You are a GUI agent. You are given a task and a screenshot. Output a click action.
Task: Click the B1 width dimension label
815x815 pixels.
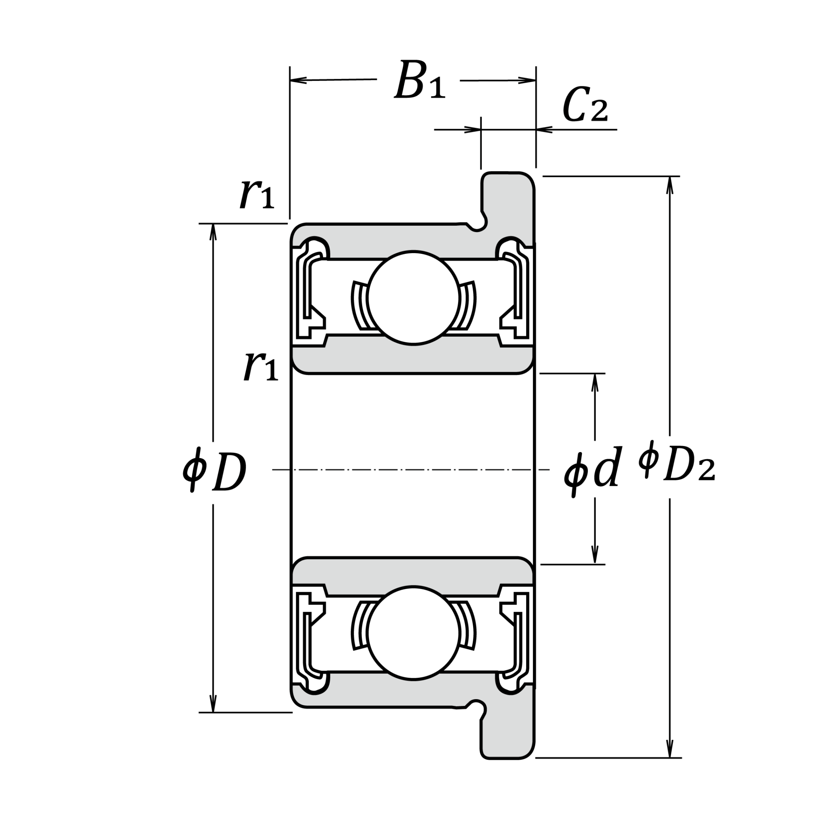tap(419, 80)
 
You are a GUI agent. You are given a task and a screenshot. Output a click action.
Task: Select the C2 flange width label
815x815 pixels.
tap(585, 105)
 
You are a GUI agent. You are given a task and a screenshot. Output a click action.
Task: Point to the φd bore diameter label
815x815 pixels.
tap(592, 471)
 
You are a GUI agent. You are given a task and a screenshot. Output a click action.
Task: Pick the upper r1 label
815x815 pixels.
tap(257, 195)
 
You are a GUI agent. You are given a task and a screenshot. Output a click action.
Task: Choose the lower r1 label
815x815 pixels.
tap(261, 367)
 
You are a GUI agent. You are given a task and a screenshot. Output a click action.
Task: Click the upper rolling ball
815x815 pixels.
tap(413, 297)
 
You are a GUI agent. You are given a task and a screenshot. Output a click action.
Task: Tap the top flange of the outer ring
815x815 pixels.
tap(508, 198)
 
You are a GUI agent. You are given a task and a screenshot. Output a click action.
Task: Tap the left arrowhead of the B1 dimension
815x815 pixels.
tap(298, 80)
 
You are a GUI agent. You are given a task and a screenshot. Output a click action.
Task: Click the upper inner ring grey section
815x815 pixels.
tap(413, 359)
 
